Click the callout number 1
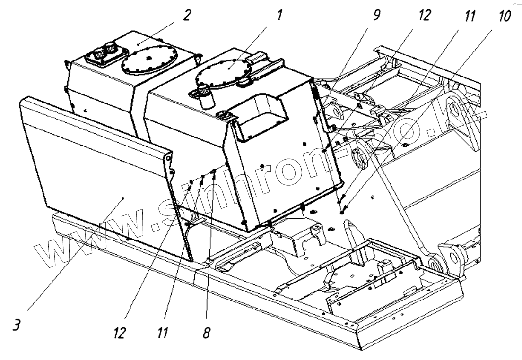[279, 16]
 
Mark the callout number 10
[504, 17]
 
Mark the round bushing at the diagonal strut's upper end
[359, 159]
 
